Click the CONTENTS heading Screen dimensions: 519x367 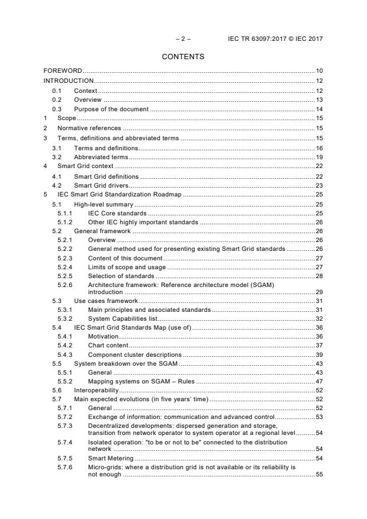point(183,57)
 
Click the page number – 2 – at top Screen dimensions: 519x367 point(183,39)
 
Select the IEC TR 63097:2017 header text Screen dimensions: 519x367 point(275,39)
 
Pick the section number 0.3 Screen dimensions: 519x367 point(57,109)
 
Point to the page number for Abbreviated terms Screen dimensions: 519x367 point(318,157)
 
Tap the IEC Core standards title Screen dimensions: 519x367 point(117,212)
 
